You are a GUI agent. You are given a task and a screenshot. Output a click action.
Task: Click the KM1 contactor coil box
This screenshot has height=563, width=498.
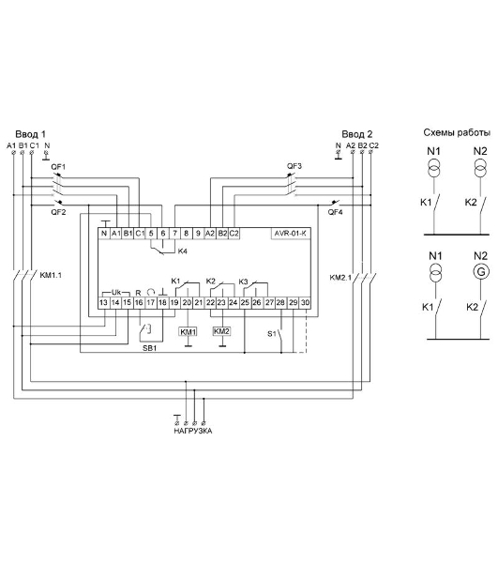click(x=188, y=332)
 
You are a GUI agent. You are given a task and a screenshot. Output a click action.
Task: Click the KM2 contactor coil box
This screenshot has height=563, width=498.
click(x=221, y=331)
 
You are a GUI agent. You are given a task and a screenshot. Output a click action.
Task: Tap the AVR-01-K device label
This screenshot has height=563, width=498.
click(x=290, y=234)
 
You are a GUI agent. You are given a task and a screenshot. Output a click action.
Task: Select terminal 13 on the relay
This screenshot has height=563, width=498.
click(x=104, y=303)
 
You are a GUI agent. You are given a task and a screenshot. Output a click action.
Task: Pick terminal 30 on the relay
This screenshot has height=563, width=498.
click(x=305, y=303)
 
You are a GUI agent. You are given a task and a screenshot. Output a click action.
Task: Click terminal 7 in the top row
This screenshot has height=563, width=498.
click(x=174, y=234)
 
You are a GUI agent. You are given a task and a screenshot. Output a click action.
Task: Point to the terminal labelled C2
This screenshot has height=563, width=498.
click(x=234, y=234)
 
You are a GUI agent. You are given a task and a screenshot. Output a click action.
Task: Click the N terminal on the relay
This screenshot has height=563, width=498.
click(x=104, y=234)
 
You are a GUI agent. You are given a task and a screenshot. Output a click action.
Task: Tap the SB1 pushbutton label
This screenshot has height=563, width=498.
click(x=150, y=348)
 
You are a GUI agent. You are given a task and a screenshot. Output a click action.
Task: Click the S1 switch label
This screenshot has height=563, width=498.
click(x=272, y=334)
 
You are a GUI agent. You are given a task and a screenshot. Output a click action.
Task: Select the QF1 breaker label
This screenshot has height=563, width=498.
click(x=58, y=167)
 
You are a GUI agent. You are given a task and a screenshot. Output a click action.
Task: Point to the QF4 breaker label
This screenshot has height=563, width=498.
click(x=335, y=212)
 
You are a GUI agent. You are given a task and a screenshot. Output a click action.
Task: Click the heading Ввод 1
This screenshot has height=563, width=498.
click(x=31, y=134)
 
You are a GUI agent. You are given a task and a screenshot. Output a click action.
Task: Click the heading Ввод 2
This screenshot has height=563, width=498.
click(x=357, y=134)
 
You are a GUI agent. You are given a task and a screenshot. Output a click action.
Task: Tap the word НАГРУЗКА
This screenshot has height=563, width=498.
click(x=193, y=431)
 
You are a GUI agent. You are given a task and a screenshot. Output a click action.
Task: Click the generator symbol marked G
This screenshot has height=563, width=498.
click(x=481, y=272)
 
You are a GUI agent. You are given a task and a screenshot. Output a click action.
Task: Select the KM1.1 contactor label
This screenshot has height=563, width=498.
click(x=51, y=275)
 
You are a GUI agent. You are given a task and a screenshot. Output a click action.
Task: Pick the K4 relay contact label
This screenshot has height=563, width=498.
click(x=183, y=251)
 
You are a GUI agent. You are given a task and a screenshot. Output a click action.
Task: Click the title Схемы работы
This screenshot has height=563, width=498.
click(x=457, y=132)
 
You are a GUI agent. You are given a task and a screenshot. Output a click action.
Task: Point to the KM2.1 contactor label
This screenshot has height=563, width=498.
click(x=340, y=278)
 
